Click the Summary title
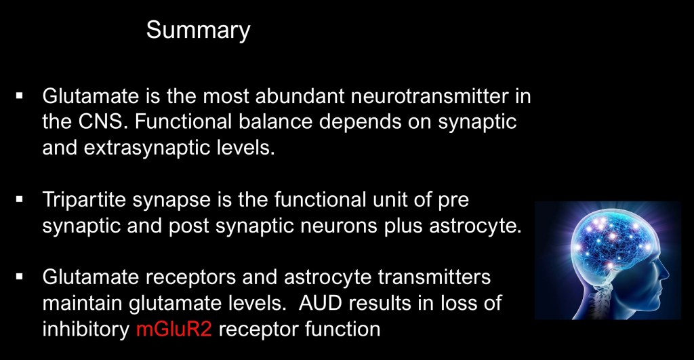[x=199, y=31]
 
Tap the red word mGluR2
[x=174, y=329]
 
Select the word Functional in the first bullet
[x=183, y=122]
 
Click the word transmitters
[x=434, y=277]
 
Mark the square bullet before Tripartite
[x=19, y=199]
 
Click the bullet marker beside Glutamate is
[x=19, y=95]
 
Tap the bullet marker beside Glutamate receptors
[x=19, y=277]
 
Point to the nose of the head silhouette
[x=664, y=270]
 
